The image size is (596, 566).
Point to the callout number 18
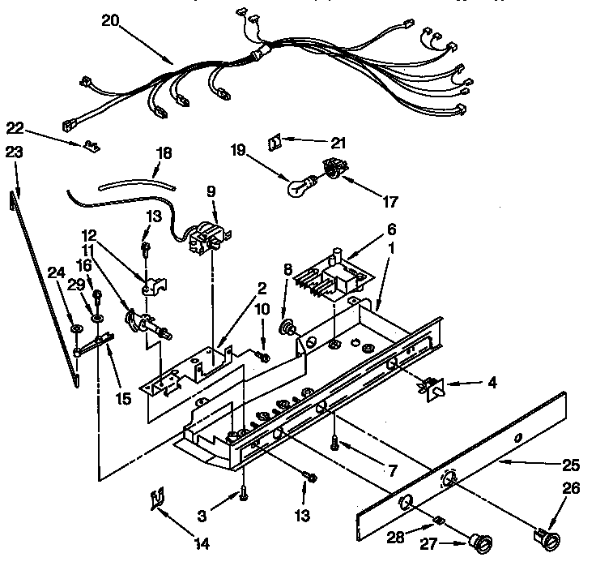click(x=164, y=152)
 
